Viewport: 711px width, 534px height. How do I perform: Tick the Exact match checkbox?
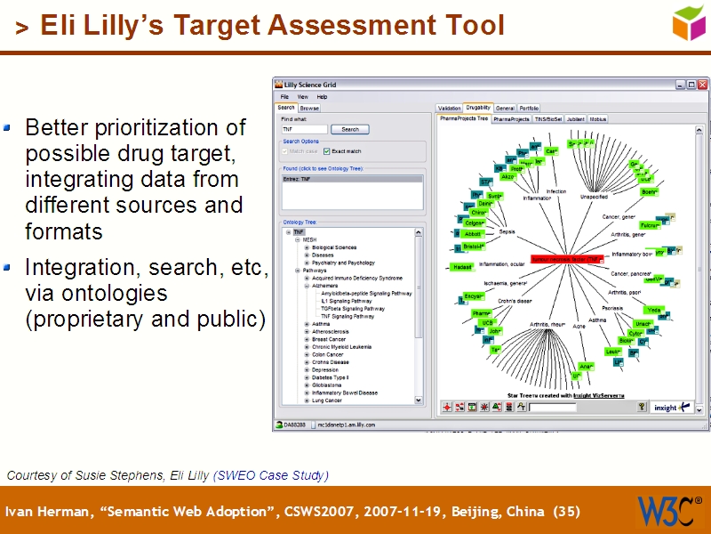326,151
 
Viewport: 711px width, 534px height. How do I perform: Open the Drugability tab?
477,108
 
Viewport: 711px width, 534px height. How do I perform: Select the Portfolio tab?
529,108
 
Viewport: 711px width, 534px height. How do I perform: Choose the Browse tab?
309,108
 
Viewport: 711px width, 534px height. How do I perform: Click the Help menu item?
322,96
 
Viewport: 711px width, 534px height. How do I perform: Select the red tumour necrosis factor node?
564,259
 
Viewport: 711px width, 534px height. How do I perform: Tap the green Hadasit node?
461,266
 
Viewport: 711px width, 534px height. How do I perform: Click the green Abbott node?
473,234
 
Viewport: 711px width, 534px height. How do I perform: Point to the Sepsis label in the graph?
507,231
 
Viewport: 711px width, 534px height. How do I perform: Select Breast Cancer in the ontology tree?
329,339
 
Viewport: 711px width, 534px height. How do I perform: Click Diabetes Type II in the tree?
331,377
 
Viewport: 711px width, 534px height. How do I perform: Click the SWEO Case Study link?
271,475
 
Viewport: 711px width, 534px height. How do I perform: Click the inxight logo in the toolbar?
666,408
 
